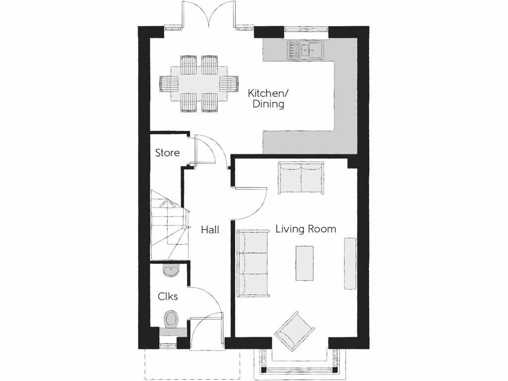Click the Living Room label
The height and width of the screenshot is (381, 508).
click(306, 229)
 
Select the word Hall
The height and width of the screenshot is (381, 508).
click(210, 230)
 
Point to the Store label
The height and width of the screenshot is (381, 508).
click(167, 153)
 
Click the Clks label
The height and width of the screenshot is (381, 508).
click(168, 297)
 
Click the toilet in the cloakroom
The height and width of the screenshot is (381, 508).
click(171, 319)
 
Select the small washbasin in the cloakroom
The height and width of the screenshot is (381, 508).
click(170, 270)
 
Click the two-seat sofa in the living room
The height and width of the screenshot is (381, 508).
click(301, 177)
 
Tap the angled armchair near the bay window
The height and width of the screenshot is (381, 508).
click(295, 330)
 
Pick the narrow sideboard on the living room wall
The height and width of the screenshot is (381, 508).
click(350, 263)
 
